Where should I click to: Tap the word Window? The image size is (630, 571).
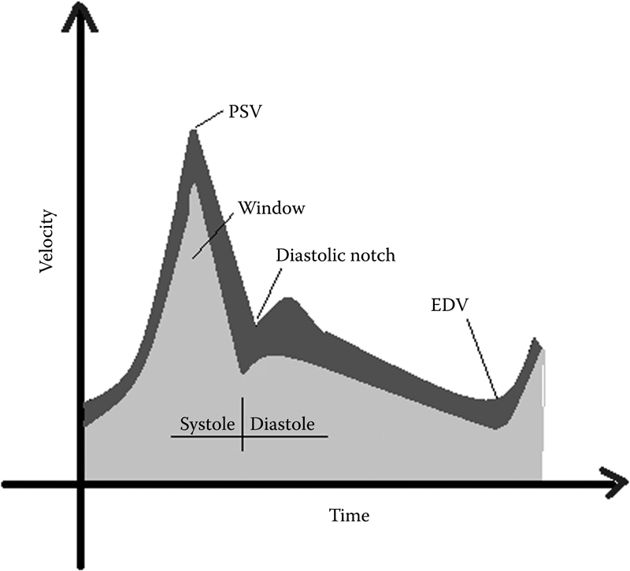272,209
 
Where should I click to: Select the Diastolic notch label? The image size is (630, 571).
335,256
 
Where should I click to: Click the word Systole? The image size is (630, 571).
208,424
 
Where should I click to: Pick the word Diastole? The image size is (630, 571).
283,424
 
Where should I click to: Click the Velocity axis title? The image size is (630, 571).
48,240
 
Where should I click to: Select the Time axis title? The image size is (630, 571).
349,517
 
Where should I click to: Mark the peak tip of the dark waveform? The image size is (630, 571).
193,132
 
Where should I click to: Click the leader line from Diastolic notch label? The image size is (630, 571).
266,291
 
